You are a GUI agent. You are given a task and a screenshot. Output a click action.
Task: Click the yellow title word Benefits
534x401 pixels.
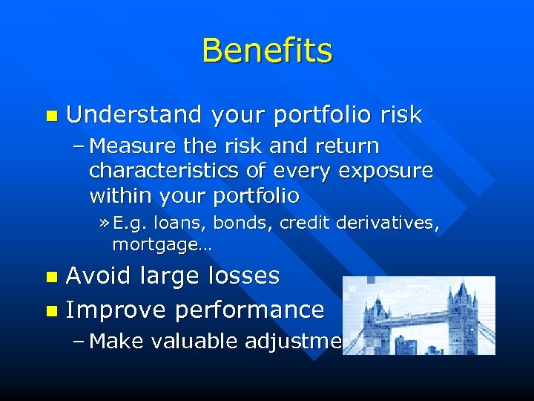tap(267, 51)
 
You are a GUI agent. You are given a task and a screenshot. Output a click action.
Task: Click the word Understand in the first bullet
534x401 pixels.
tap(134, 115)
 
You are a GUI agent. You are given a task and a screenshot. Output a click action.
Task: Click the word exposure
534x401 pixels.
tap(385, 172)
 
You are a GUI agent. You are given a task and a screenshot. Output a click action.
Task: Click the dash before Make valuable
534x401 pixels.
tap(79, 342)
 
